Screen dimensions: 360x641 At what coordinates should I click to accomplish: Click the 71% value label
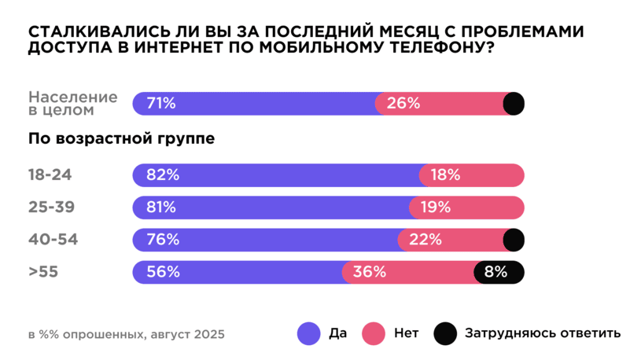[x=160, y=103]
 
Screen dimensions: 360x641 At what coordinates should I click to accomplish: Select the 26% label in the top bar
[x=403, y=103]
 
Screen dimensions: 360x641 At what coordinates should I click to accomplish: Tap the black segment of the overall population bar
[x=514, y=103]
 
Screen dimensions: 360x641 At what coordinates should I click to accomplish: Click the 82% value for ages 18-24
[x=161, y=175]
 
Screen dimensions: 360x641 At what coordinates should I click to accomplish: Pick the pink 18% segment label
[x=445, y=175]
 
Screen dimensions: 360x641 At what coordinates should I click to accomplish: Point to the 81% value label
[x=160, y=208]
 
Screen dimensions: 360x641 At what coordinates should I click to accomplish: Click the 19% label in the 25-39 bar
[x=435, y=208]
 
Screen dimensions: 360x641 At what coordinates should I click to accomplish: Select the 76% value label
[x=161, y=240]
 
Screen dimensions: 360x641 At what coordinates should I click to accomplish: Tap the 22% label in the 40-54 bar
[x=425, y=240]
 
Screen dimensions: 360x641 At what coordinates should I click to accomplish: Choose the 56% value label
[x=161, y=272]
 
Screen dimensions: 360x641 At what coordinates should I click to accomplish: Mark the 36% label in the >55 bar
[x=369, y=272]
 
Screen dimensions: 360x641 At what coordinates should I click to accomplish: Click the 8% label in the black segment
[x=495, y=272]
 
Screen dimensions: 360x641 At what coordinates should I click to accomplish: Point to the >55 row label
[x=44, y=272]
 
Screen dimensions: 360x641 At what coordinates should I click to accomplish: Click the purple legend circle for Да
[x=308, y=333]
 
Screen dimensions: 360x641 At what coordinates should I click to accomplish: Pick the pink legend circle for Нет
[x=372, y=333]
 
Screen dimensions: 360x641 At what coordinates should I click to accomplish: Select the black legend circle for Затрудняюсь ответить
[x=445, y=333]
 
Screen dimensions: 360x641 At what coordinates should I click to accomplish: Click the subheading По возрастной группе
[x=122, y=140]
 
